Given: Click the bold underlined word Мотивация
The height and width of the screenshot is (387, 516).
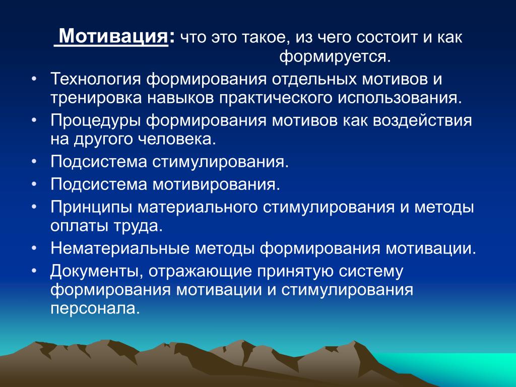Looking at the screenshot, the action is [113, 36].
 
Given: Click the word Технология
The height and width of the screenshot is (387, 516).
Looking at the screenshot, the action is [96, 80].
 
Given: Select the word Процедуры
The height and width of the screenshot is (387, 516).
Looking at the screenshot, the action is [96, 121].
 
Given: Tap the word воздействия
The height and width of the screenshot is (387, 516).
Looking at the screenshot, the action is [422, 121].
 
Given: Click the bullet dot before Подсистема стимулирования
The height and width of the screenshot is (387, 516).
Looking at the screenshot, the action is [34, 162].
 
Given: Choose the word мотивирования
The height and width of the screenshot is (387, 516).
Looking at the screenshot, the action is [214, 184].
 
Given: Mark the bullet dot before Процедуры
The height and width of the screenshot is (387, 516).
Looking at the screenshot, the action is [34, 120].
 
